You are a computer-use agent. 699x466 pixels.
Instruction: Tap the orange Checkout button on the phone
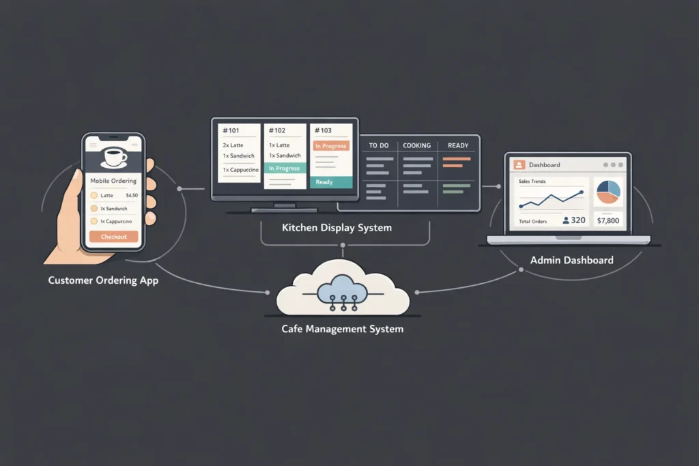(114, 237)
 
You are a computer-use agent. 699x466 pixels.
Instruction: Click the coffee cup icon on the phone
(113, 156)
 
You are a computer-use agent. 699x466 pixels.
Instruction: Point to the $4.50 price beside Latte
(132, 196)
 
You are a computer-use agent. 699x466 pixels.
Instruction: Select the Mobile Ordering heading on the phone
(113, 181)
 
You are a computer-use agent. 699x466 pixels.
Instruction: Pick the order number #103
(323, 130)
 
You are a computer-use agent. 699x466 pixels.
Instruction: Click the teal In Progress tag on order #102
(284, 168)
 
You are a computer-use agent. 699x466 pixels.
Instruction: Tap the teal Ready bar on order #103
(331, 182)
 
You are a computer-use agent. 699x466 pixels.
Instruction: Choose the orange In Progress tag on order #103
(331, 145)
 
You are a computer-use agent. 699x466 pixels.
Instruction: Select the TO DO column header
(378, 145)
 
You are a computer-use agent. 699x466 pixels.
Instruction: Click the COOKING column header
(416, 145)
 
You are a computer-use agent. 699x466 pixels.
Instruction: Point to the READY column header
(457, 145)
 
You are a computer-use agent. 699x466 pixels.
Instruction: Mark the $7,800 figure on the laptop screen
(607, 220)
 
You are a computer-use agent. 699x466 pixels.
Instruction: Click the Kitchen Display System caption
(337, 228)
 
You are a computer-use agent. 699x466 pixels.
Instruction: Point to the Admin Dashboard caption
(571, 260)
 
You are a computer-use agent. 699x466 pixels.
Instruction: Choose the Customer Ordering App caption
(103, 280)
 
